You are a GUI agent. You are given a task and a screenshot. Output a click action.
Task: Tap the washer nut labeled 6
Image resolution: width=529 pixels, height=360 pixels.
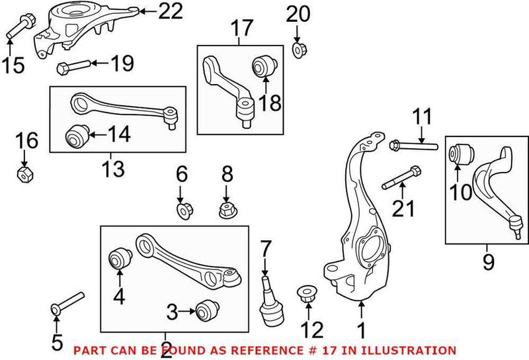point(182,211)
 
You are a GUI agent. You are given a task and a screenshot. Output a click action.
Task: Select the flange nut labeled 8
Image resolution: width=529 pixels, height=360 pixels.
point(226,210)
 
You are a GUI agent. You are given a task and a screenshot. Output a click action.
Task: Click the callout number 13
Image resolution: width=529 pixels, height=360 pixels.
point(113,169)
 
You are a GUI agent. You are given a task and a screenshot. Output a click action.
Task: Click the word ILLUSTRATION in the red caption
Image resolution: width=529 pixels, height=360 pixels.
point(414,350)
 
